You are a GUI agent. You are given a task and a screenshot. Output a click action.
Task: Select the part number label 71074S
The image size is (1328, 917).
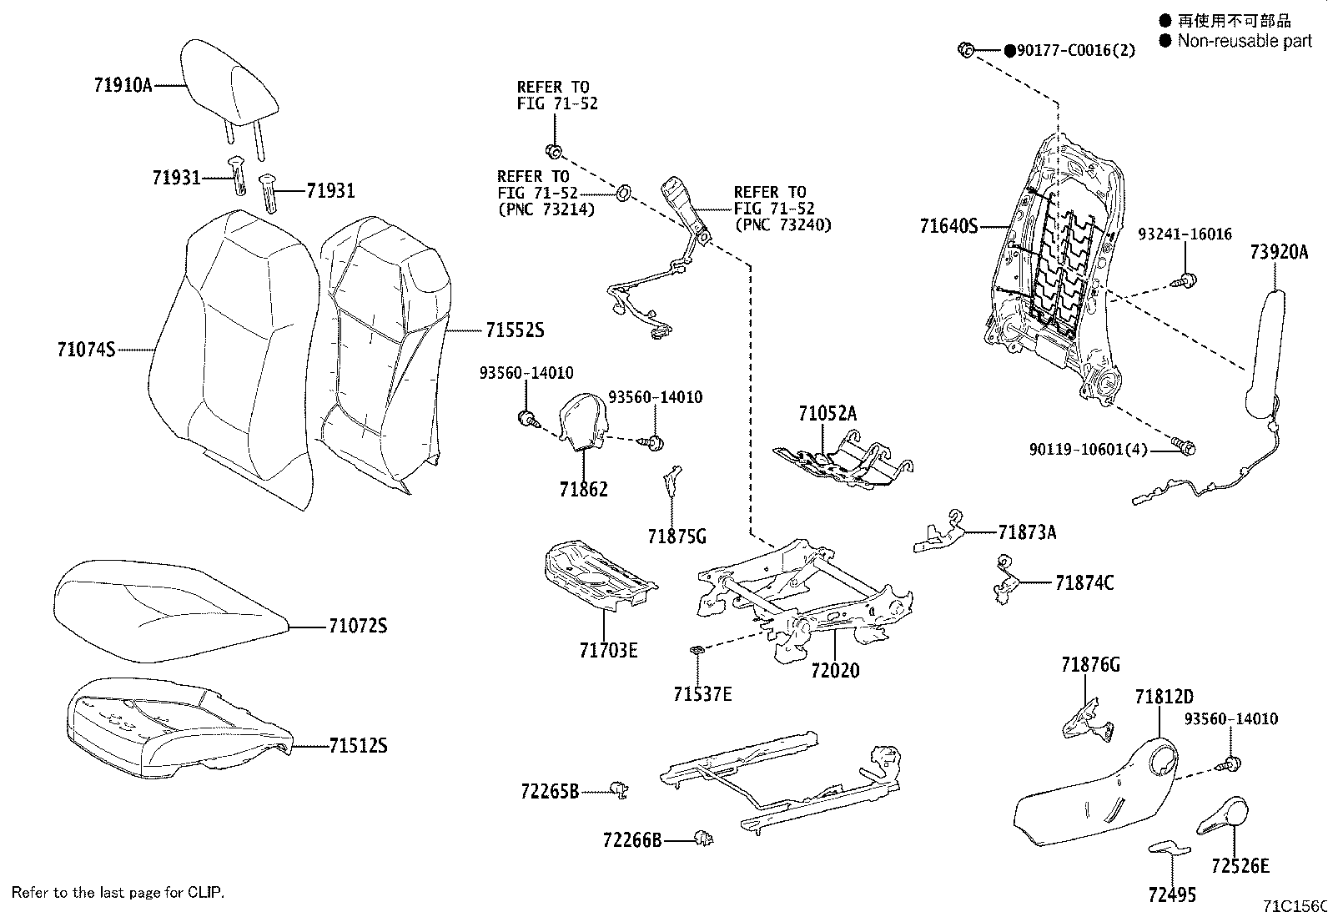point(86,350)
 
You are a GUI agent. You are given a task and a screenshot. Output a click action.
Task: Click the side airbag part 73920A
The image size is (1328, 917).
point(1265,350)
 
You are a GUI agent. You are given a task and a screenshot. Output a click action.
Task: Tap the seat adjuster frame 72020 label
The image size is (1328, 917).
point(834,670)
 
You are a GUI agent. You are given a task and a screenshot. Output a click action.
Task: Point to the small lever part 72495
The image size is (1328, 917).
point(1170,849)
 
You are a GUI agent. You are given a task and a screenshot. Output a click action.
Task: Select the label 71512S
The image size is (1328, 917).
point(358,745)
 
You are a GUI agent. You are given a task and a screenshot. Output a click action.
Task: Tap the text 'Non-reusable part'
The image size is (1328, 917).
point(1244,41)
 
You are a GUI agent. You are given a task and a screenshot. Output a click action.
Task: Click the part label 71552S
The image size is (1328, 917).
point(515,330)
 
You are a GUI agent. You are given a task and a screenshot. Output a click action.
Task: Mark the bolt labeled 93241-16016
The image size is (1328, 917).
point(1188,280)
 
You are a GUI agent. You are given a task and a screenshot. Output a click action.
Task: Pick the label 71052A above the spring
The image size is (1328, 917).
point(827,413)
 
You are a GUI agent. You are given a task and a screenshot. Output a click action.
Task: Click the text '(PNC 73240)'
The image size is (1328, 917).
point(782,224)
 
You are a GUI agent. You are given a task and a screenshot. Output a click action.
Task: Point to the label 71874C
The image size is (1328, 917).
point(1084,582)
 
